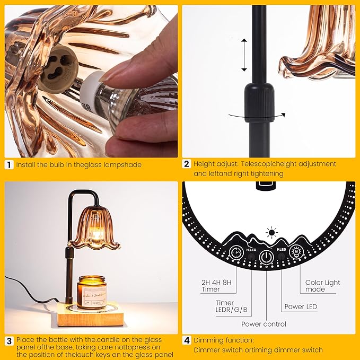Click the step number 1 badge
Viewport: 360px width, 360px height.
pos(9,165)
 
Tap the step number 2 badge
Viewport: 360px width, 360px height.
pos(187,164)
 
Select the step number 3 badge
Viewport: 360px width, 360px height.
pos(9,341)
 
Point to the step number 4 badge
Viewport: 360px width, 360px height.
pos(187,340)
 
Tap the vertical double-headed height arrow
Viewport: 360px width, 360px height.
pos(244,55)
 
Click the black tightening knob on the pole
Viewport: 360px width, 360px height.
pos(259,103)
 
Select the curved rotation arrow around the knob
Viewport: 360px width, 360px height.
pos(257,117)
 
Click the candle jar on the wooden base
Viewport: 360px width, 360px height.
pos(92,292)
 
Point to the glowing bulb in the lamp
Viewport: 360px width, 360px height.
pos(95,233)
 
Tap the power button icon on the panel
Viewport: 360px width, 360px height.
pos(267,257)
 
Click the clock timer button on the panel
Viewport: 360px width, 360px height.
pos(236,252)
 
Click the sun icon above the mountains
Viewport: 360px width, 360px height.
pos(272,233)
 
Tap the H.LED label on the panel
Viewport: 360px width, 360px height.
pos(251,250)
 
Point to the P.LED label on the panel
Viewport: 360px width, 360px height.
pos(282,249)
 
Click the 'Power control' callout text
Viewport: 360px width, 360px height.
pos(264,324)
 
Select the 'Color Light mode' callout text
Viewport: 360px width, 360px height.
pos(322,286)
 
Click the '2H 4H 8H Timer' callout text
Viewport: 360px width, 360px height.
pos(216,286)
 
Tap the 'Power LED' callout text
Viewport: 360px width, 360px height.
pos(301,307)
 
